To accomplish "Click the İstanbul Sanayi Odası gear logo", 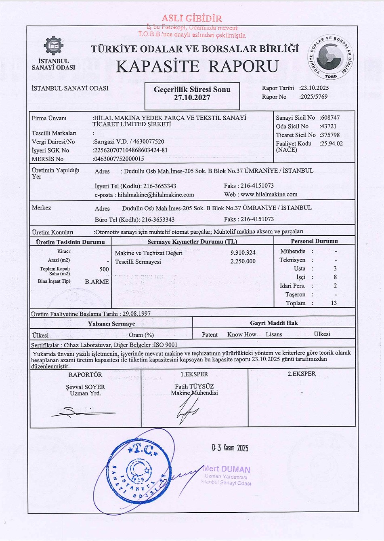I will click(54, 46).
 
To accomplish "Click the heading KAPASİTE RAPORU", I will click(197, 66).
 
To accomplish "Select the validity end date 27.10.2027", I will click(192, 98).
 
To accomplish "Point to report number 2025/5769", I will click(314, 97).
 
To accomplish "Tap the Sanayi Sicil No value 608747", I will click(330, 118).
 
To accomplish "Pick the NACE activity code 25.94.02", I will click(332, 144).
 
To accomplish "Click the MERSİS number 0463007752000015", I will click(119, 159).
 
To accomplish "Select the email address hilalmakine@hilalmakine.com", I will click(156, 194).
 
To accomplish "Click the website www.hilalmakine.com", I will click(269, 194).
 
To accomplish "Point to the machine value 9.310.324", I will click(243, 253).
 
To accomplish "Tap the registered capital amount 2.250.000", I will click(243, 262).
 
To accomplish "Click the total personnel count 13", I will click(334, 303).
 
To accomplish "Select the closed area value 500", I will click(104, 269).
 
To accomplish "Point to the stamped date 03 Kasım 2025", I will click(230, 448).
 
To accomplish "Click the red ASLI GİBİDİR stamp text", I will click(192, 19).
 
